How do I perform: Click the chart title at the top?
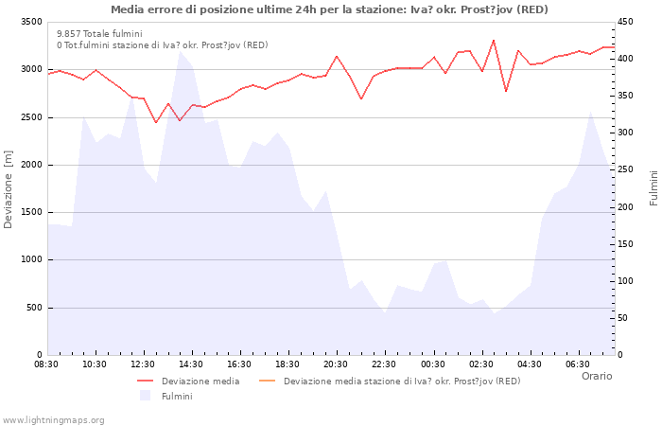click(x=329, y=9)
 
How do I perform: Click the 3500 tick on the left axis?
click(x=30, y=22)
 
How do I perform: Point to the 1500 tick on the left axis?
click(x=30, y=212)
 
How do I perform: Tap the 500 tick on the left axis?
click(x=34, y=308)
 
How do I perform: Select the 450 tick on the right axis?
click(x=627, y=22)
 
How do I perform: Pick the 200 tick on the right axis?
click(x=627, y=207)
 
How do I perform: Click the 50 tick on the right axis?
click(x=624, y=318)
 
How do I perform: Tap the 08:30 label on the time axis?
click(x=47, y=364)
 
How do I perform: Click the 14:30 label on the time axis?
click(x=192, y=364)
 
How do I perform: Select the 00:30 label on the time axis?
click(x=433, y=364)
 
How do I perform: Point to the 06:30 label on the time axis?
click(x=578, y=364)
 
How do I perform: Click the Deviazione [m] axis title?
click(x=9, y=187)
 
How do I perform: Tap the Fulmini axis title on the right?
click(x=653, y=187)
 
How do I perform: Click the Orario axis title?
click(x=596, y=376)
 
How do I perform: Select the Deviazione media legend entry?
click(x=200, y=382)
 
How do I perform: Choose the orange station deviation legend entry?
click(x=401, y=382)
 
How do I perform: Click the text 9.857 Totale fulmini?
click(x=99, y=33)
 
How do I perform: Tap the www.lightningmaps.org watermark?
click(x=53, y=419)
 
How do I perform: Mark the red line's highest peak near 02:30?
click(x=494, y=40)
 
